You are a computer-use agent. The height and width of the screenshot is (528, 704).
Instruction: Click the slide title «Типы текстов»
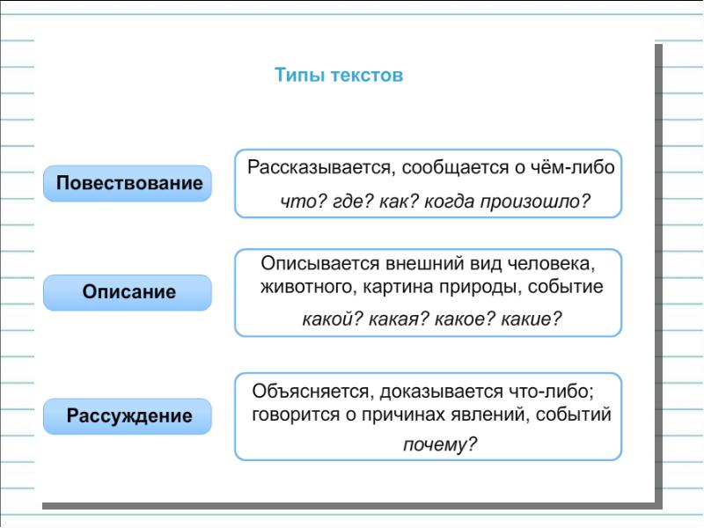tap(339, 76)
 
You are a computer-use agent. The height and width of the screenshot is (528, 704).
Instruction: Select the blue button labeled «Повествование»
tap(128, 184)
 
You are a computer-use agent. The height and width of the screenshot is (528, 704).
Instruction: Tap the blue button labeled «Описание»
tap(128, 292)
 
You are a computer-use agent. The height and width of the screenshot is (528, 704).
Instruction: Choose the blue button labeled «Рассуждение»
tap(128, 415)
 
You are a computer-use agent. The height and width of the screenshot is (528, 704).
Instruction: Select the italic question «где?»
tap(352, 202)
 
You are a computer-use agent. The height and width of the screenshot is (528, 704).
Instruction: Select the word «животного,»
tap(302, 287)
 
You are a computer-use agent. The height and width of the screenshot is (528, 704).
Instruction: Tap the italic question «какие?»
tap(530, 319)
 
